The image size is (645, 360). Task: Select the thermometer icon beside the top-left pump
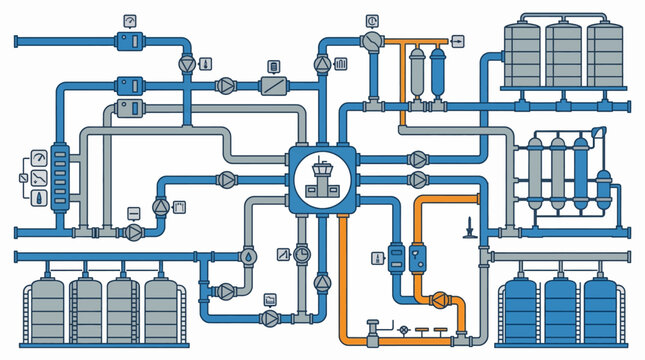[205, 63]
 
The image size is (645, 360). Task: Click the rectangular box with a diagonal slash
[273, 86]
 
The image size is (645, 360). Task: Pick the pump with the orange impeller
[438, 298]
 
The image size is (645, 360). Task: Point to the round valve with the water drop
[248, 255]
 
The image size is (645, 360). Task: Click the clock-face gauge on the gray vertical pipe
[302, 254]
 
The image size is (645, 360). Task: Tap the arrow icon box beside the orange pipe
[458, 40]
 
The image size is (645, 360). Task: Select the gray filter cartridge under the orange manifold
[416, 66]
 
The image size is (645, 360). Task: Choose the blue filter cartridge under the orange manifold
[438, 66]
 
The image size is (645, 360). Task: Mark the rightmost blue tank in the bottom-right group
[602, 308]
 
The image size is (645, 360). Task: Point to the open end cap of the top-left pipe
[17, 41]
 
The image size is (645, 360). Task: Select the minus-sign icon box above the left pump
[133, 212]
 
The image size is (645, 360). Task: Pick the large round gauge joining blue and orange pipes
[373, 41]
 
